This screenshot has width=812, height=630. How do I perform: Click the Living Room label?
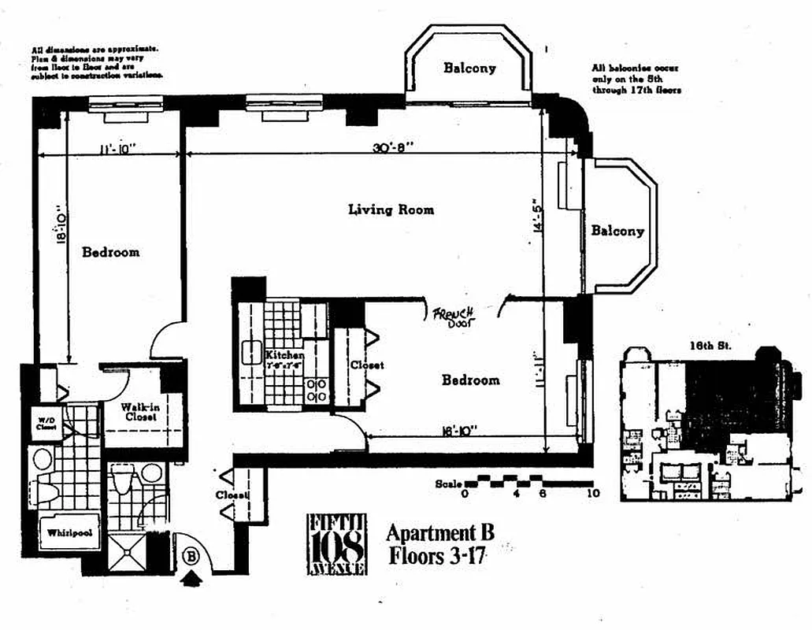(391, 209)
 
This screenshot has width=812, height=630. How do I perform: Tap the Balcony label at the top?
(469, 68)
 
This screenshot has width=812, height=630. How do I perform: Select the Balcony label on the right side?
(617, 231)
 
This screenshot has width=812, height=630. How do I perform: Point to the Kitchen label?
(284, 355)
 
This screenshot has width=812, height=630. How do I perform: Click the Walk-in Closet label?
(138, 412)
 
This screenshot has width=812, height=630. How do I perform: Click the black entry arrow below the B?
(191, 580)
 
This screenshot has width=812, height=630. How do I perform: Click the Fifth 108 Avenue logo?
(336, 543)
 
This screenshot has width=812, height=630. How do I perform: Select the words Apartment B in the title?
(439, 532)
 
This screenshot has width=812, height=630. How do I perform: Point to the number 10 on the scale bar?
(593, 494)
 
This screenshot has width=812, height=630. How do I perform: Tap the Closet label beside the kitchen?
(367, 365)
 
